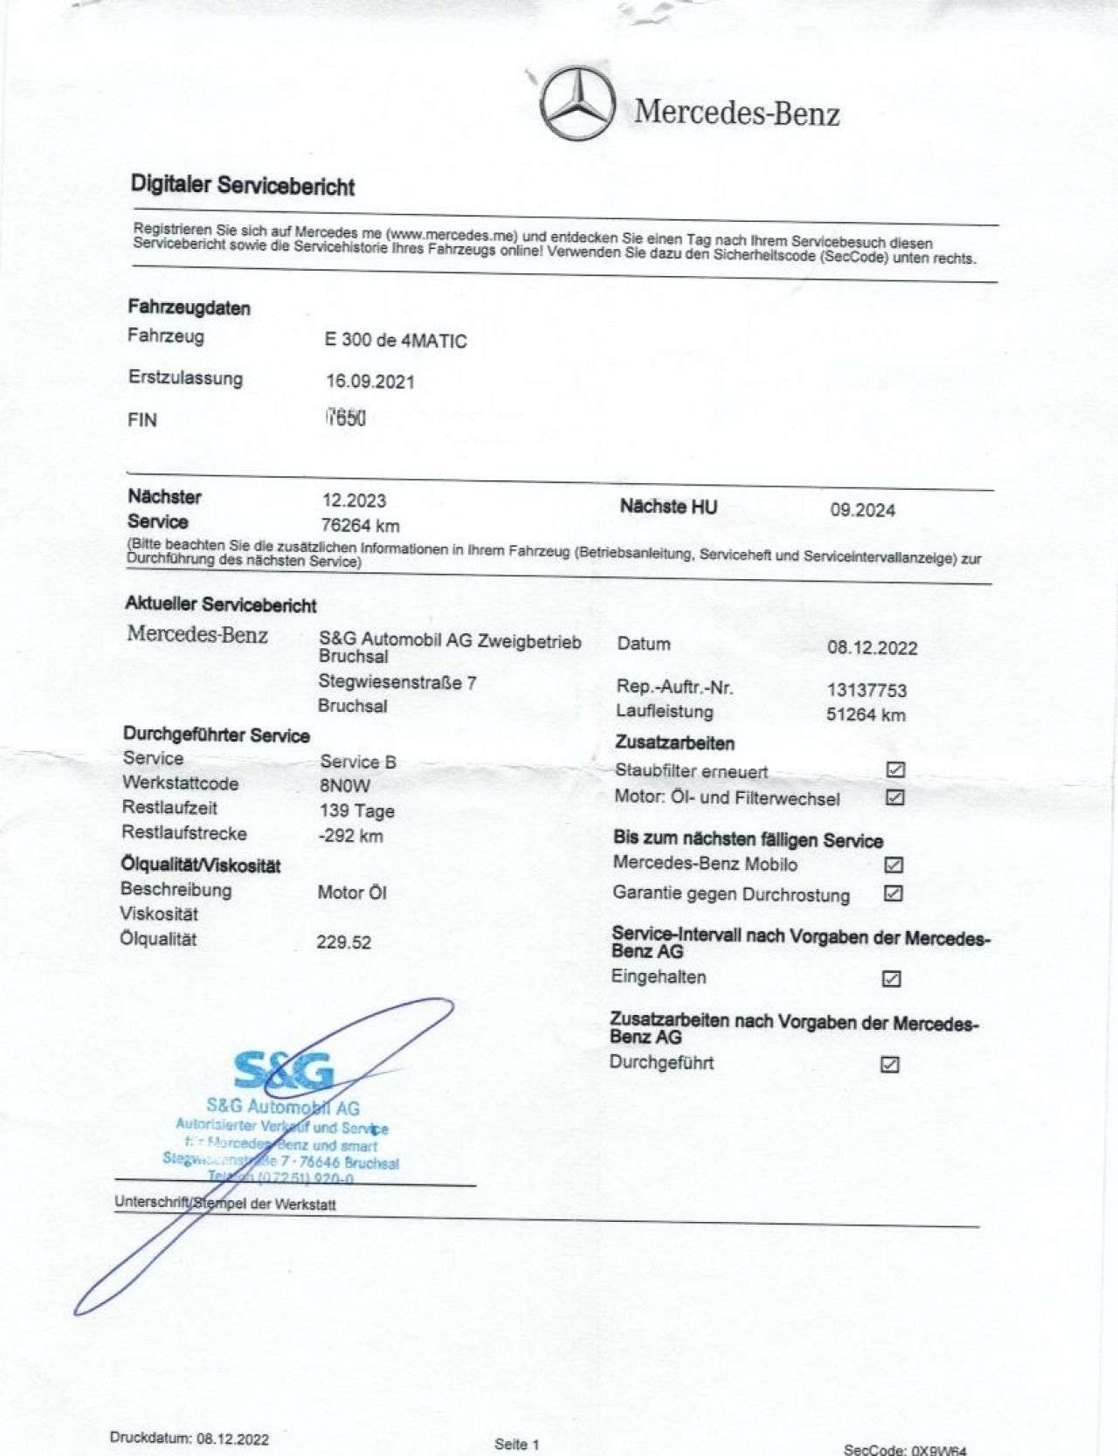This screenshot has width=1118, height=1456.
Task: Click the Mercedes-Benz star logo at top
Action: coord(577,103)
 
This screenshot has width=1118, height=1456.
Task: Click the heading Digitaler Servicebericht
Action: coord(243,185)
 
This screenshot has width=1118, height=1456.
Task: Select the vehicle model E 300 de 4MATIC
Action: coord(396,341)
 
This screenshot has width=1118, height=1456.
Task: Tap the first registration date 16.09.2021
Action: coord(370,382)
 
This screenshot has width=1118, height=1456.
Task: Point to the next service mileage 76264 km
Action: coord(360,526)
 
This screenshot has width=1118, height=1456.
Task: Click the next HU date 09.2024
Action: coord(862,510)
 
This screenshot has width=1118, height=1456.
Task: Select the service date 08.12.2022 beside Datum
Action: coord(872,648)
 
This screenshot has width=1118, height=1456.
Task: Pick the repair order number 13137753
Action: coord(866,690)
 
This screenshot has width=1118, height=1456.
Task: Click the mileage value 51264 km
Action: coord(866,714)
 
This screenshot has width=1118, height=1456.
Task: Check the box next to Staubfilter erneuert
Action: coord(895,769)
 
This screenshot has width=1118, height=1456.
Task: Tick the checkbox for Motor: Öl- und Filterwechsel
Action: coord(894,797)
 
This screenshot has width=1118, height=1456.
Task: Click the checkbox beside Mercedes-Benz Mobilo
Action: coord(894,865)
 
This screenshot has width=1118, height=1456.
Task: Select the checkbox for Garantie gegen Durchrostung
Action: coord(894,893)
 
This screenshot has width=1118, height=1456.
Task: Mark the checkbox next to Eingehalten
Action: coord(891,978)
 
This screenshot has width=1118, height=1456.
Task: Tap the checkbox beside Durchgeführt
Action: coord(890,1064)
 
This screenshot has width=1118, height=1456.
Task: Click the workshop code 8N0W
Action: coord(345,785)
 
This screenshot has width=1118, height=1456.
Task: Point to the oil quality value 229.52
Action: coord(343,942)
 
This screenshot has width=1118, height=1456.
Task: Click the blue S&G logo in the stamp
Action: coord(284,1071)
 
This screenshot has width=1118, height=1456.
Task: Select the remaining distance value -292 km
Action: coord(350,836)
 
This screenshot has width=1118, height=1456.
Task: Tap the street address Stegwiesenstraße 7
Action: coord(397,682)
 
